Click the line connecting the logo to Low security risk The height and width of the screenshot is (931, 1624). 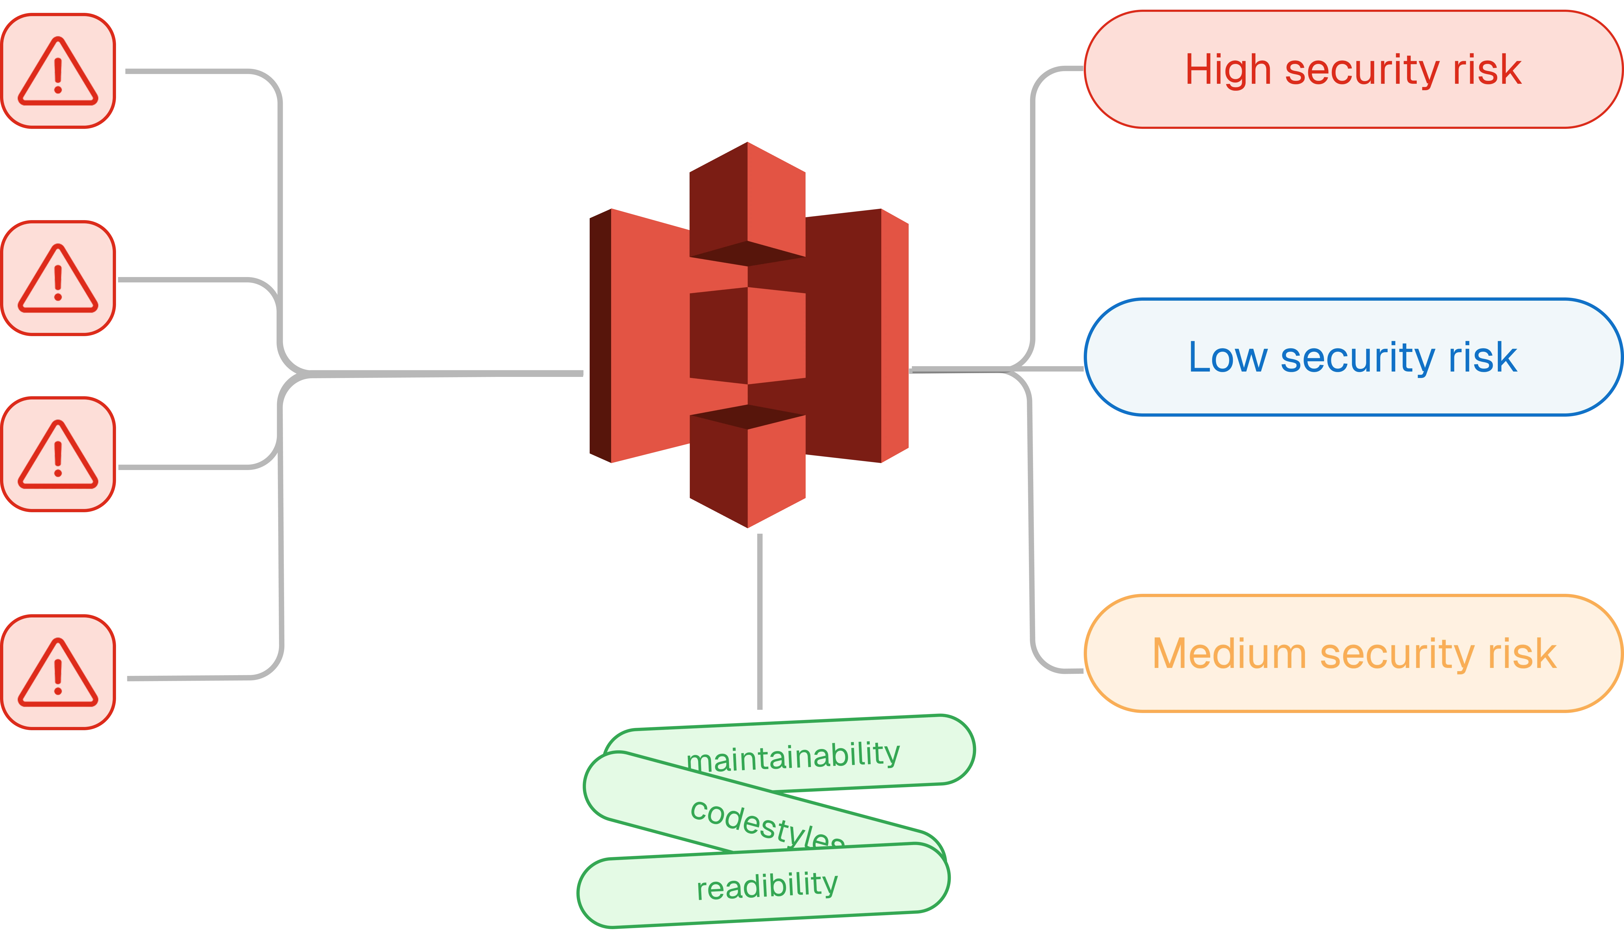pyautogui.click(x=998, y=368)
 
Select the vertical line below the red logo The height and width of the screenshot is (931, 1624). pyautogui.click(x=759, y=620)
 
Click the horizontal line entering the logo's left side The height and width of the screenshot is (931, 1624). pyautogui.click(x=460, y=373)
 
